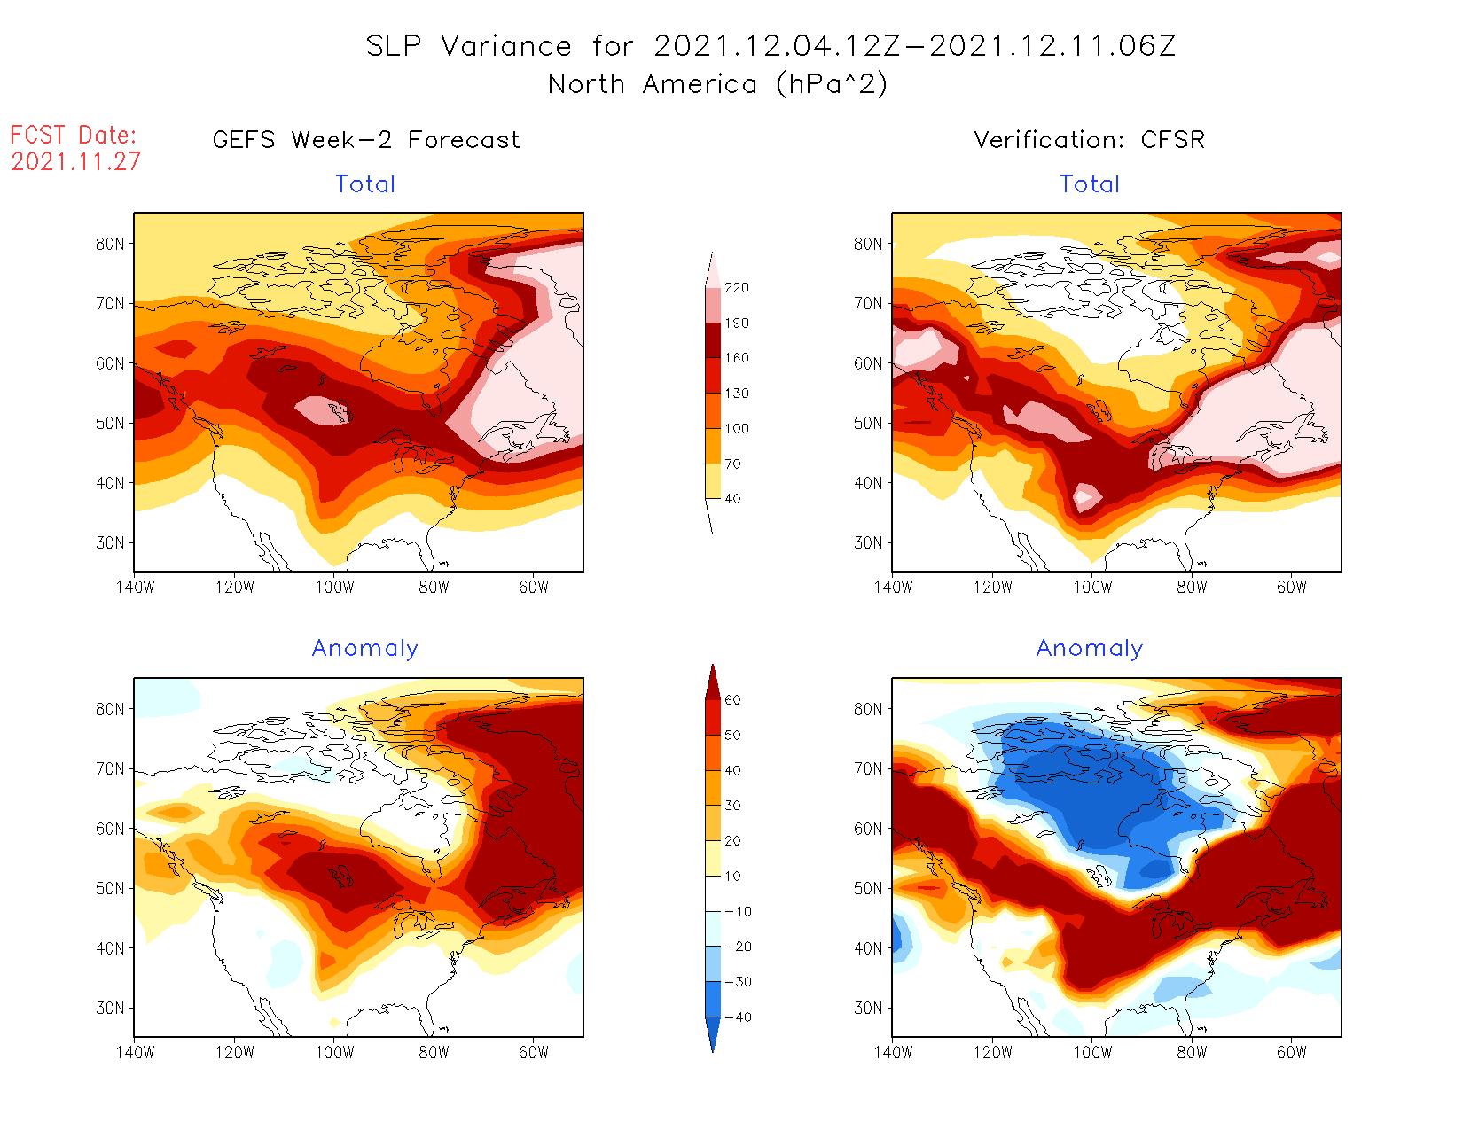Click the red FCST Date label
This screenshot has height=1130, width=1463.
(x=74, y=136)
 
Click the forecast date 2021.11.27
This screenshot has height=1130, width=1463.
(x=76, y=162)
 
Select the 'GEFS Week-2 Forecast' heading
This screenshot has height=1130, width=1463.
(x=366, y=140)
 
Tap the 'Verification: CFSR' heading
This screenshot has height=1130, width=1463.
(x=1089, y=140)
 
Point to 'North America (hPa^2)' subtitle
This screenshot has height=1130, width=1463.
(x=717, y=84)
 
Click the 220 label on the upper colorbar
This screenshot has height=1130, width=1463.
(x=737, y=288)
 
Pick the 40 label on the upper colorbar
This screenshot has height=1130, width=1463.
(x=732, y=499)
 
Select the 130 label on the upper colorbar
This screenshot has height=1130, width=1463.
(x=737, y=394)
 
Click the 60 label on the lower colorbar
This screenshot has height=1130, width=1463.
(x=732, y=700)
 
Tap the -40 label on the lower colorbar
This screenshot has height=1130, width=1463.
(x=737, y=1017)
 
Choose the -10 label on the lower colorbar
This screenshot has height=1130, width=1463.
(x=737, y=911)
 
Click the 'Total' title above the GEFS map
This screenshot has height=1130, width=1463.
(x=365, y=184)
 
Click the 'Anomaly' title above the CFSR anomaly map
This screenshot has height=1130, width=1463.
(x=1090, y=649)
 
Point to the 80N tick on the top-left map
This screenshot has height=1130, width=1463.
(x=110, y=244)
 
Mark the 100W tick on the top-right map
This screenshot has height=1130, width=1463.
(x=1092, y=587)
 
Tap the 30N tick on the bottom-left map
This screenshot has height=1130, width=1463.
(x=110, y=1008)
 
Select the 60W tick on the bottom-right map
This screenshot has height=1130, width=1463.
(x=1292, y=1052)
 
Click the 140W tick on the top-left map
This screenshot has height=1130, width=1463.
(x=135, y=587)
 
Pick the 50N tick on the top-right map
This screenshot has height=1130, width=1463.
(x=868, y=423)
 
